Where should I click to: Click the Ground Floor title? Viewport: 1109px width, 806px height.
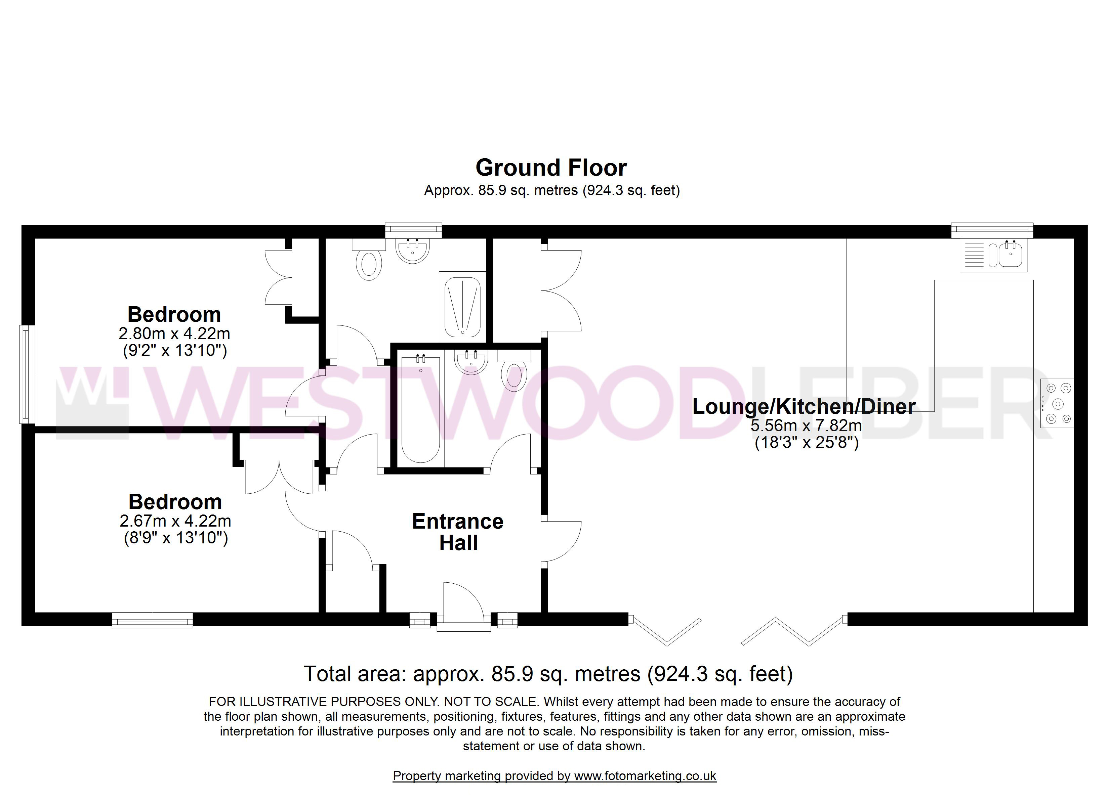tap(551, 168)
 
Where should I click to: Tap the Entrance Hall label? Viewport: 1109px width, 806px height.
tap(458, 532)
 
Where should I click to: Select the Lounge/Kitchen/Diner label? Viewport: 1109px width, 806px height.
tap(804, 407)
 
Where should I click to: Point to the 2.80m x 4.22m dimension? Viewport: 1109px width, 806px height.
tap(174, 334)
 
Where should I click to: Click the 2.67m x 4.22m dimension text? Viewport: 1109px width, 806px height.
tap(175, 521)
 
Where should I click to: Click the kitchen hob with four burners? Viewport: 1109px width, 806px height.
tap(1057, 404)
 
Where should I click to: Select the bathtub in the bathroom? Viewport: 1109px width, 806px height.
tap(420, 409)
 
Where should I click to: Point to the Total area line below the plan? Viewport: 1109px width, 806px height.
tap(548, 674)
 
